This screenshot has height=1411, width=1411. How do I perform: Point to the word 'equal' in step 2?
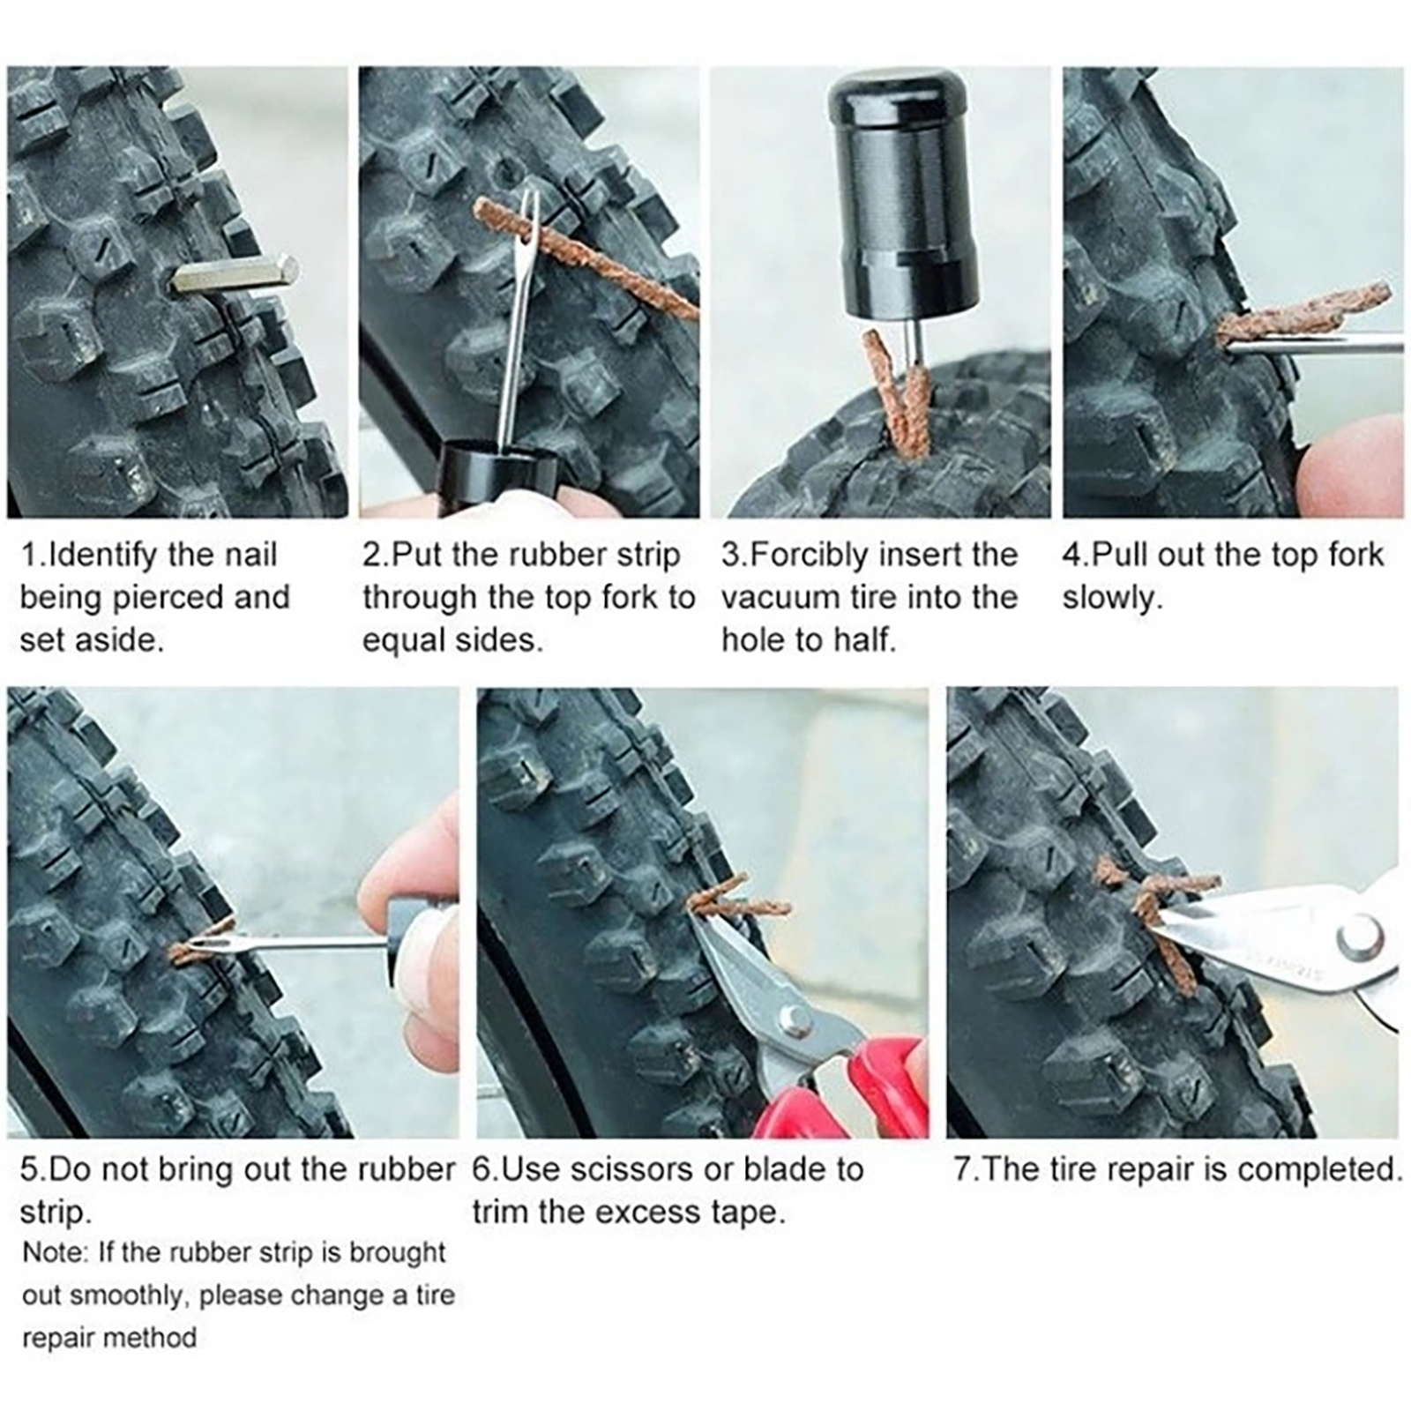point(402,641)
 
